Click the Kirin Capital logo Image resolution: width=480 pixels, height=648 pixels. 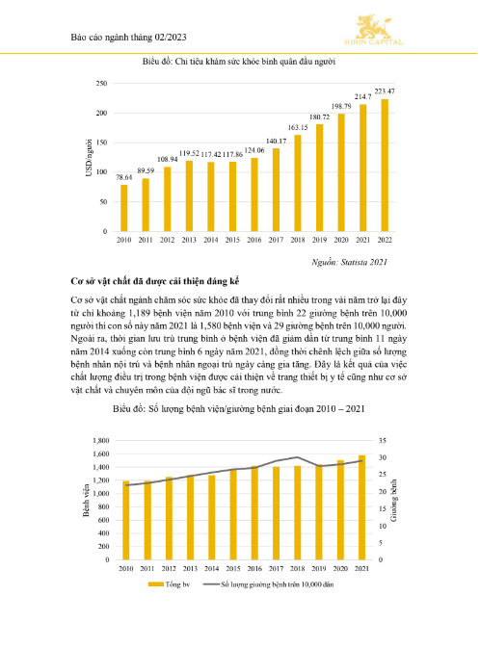374,30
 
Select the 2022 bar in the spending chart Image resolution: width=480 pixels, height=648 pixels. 385,166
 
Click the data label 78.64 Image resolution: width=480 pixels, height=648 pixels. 123,177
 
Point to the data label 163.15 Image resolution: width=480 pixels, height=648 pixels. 298,127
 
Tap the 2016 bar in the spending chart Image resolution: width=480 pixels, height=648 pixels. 254,194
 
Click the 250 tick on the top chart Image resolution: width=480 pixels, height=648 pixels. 101,84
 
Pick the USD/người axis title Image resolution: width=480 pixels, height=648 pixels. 89,158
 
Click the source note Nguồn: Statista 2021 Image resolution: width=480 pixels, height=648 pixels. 349,262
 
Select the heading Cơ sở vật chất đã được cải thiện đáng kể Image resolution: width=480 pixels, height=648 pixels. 155,281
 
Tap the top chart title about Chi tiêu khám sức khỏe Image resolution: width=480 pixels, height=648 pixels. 239,62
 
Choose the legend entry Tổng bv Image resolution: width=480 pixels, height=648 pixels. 169,584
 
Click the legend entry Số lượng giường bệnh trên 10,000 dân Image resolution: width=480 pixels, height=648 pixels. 268,584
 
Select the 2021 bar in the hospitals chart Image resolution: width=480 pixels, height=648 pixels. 361,507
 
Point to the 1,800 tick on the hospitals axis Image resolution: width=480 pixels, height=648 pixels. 101,441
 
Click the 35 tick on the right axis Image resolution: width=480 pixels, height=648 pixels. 383,441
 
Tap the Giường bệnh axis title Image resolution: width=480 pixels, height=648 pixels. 393,501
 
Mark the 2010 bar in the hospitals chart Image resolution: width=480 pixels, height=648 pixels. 126,520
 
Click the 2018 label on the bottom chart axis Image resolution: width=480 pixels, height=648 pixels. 297,569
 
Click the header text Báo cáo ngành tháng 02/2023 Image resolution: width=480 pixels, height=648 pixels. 129,38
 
